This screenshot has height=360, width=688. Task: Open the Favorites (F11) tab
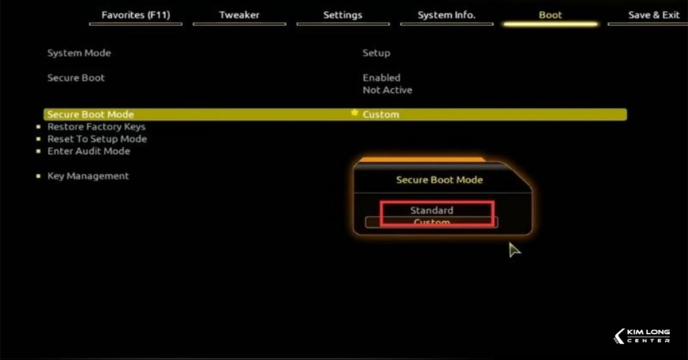click(136, 15)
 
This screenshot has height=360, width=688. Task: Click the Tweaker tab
click(239, 15)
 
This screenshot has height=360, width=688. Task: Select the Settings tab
click(343, 15)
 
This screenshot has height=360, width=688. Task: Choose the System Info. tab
click(447, 15)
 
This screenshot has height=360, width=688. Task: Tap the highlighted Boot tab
click(550, 15)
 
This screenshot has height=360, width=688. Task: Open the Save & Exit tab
click(654, 15)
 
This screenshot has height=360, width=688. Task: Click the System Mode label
click(79, 53)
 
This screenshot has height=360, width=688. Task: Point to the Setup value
click(376, 53)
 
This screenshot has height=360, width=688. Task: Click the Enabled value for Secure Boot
click(381, 77)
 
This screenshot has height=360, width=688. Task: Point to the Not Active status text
click(387, 90)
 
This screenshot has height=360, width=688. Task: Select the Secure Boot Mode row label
click(91, 115)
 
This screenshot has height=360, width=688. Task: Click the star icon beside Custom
click(355, 114)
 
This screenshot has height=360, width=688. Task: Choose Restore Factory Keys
click(96, 127)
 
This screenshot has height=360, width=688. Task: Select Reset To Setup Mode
click(97, 139)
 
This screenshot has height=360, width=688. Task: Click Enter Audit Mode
click(89, 151)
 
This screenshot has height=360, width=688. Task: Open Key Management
click(88, 177)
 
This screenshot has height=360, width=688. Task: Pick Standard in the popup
click(432, 210)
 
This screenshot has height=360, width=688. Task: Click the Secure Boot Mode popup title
click(439, 180)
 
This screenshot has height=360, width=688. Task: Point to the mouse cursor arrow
click(514, 249)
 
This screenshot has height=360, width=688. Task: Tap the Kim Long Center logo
click(642, 336)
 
